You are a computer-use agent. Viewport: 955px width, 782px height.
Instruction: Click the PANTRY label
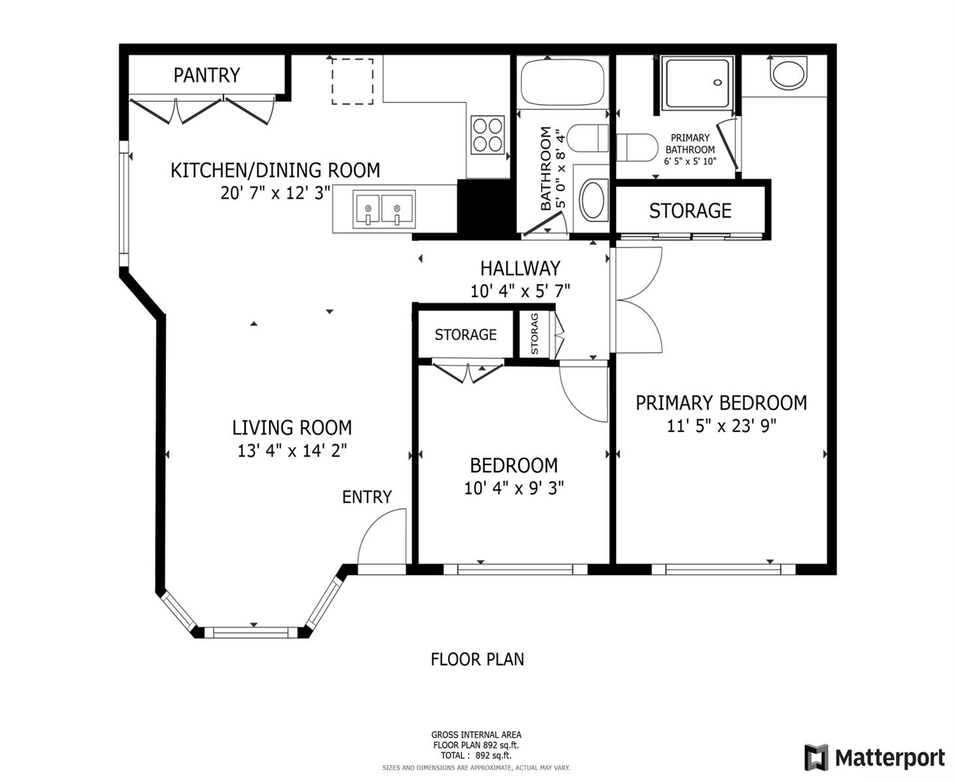207,75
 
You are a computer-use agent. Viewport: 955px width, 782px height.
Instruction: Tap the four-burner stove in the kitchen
488,134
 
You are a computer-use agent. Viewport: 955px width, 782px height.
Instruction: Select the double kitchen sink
383,210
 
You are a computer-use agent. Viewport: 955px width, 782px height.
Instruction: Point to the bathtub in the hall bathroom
563,82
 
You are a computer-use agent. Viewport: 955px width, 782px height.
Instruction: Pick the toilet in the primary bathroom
637,147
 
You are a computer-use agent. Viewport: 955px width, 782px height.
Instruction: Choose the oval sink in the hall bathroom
593,199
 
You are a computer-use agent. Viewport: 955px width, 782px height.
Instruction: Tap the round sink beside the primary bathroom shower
788,72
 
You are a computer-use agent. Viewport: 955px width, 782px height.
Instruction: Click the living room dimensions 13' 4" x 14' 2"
292,450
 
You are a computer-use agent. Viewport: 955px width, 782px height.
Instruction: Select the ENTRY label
367,497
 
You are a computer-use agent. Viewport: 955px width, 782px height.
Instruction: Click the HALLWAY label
520,268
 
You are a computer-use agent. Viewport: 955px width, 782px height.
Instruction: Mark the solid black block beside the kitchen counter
486,207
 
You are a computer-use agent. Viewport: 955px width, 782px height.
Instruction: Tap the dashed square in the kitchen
352,81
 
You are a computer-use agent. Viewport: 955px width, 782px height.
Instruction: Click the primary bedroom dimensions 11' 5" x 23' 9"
722,426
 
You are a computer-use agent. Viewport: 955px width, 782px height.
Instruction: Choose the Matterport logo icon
816,757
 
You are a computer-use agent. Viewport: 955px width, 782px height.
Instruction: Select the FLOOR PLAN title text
477,659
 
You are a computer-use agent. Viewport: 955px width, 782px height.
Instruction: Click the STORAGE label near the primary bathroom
690,211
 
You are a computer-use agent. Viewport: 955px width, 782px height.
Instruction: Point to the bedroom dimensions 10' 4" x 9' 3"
514,488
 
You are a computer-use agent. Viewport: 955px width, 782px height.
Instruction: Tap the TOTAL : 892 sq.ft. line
476,755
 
